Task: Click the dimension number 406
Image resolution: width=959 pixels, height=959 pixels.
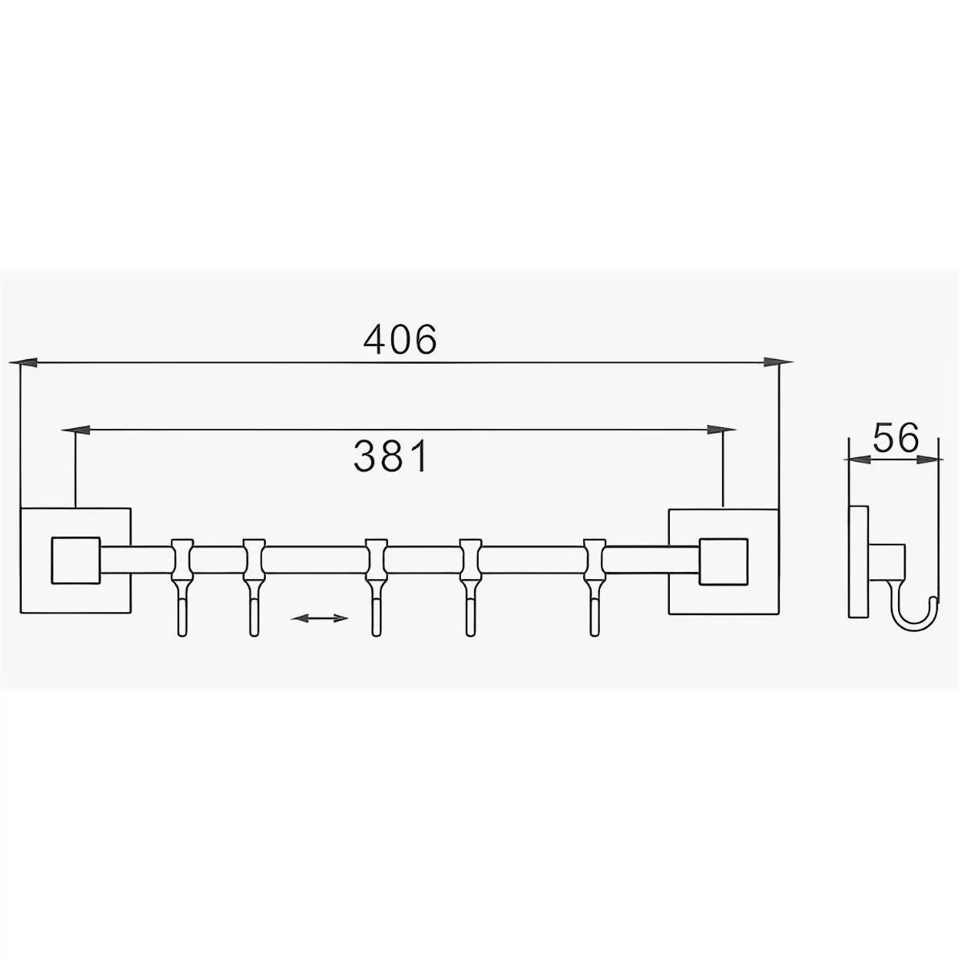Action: [400, 340]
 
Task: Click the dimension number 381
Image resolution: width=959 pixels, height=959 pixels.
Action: [391, 456]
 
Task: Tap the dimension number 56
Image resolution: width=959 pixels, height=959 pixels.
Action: [896, 438]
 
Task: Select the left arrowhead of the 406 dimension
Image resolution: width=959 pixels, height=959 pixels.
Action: [23, 363]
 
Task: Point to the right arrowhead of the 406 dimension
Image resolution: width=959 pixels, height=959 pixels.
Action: [778, 363]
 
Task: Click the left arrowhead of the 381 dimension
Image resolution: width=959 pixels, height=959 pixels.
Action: [77, 431]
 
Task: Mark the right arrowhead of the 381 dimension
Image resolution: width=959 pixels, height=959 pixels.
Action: [721, 430]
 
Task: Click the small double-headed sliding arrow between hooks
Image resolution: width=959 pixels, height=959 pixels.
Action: [319, 618]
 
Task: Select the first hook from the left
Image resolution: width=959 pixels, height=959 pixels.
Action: [182, 587]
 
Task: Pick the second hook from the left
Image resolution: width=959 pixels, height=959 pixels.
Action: [254, 587]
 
